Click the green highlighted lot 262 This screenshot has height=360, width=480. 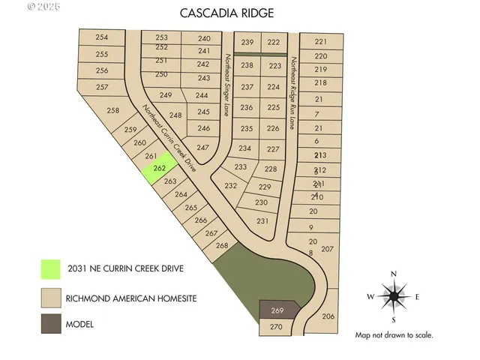point(158,169)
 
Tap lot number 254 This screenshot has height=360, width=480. point(102,38)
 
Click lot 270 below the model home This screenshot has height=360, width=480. point(276,327)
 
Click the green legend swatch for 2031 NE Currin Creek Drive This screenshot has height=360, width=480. point(50,268)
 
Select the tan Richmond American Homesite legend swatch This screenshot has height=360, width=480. point(50,298)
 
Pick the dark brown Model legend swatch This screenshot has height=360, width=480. point(50,325)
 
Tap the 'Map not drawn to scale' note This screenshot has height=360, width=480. point(394,335)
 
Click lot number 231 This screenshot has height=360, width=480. point(262,221)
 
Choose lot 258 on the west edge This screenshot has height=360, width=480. point(112,111)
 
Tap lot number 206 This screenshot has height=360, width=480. point(328,316)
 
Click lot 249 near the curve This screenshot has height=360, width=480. point(166,95)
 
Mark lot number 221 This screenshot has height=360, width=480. point(321,42)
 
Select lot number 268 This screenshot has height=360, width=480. point(221,245)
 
